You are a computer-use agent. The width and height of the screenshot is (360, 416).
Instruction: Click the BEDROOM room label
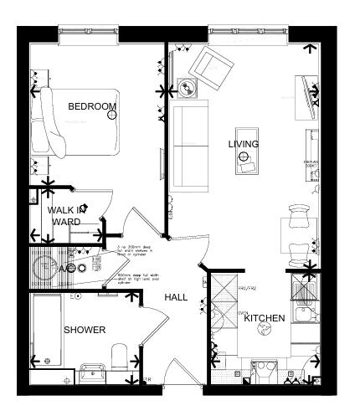coord(91,106)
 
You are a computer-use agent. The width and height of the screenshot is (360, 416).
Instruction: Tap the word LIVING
coord(244,144)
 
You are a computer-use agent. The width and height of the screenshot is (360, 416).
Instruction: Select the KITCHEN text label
coord(265,319)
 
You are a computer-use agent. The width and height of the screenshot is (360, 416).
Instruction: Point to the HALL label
coord(176,297)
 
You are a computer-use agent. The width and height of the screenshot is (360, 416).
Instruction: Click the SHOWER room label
coord(85,330)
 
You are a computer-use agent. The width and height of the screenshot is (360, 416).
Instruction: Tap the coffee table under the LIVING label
coord(247,167)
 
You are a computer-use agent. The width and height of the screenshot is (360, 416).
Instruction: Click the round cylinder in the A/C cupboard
coord(44,268)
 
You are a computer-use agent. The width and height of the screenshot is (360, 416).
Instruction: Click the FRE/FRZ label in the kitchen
coord(246,289)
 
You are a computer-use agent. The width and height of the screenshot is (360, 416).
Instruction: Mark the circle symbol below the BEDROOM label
coord(111,116)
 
